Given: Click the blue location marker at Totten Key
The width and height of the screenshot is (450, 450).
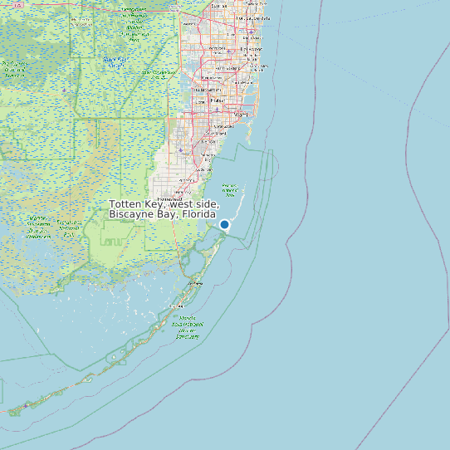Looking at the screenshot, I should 224,224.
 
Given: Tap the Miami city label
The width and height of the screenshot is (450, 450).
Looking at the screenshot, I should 242,114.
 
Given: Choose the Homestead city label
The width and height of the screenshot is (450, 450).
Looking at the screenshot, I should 171,199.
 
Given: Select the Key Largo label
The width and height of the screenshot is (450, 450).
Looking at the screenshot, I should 196,283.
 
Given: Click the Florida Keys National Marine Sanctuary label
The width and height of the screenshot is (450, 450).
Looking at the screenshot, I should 188,327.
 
